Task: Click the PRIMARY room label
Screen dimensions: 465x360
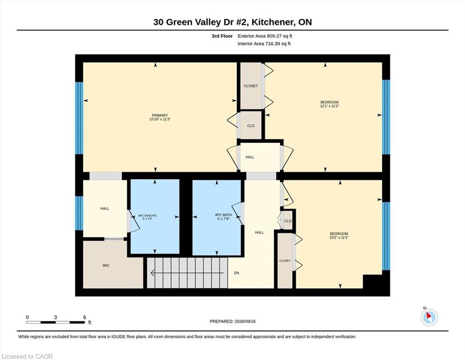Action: point(160,115)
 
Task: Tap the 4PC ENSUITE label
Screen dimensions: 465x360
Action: point(148,216)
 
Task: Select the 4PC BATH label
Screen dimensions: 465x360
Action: point(223,215)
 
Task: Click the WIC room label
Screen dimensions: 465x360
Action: point(106,265)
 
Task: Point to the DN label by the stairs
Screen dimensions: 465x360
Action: point(236,273)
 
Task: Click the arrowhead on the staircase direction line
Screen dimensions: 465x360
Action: point(153,272)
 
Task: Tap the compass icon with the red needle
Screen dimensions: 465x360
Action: point(429,317)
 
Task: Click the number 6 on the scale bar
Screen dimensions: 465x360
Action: point(84,317)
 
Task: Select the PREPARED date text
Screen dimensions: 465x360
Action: point(232,321)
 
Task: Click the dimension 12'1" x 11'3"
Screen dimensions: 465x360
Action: point(329,106)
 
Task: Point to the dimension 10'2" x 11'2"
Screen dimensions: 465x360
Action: point(339,238)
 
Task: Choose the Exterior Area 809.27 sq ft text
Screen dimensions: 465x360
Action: point(265,36)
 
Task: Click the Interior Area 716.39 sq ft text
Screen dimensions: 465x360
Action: point(264,44)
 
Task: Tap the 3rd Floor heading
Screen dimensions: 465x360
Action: point(222,36)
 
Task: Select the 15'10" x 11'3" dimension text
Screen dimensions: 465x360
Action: point(160,119)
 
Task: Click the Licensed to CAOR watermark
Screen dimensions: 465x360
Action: point(27,356)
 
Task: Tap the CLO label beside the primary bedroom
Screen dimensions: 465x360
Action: point(251,126)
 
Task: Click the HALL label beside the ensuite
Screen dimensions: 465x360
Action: point(105,208)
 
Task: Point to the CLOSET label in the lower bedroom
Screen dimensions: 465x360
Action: point(285,261)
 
